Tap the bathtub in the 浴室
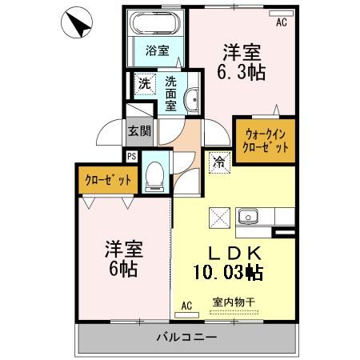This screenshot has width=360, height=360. (x=156, y=21)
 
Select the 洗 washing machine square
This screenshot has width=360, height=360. (x=144, y=82)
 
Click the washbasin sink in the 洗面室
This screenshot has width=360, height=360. (x=192, y=99)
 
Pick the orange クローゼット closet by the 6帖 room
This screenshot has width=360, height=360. (x=107, y=179)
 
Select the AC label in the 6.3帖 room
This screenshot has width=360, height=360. (x=281, y=22)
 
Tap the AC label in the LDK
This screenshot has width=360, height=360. (x=186, y=306)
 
